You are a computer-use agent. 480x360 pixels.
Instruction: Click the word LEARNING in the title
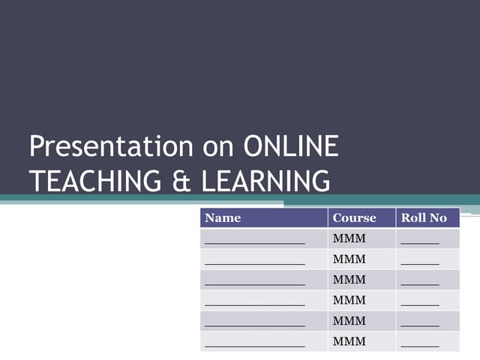point(266,181)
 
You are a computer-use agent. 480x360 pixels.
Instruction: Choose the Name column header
point(223,218)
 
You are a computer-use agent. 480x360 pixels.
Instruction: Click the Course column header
point(354,218)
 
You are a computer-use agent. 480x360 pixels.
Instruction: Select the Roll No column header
point(424,218)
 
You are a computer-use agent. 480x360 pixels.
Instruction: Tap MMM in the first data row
point(349,239)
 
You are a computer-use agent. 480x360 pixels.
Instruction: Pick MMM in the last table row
point(349,341)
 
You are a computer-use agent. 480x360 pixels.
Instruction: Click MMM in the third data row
point(349,280)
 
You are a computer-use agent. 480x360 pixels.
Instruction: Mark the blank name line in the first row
point(255,243)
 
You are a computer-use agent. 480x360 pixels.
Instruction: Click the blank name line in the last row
point(255,345)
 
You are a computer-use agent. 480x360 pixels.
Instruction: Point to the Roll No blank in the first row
point(420,243)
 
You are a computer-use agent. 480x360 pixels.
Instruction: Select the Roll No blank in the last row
point(420,345)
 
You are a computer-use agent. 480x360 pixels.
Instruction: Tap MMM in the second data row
point(349,259)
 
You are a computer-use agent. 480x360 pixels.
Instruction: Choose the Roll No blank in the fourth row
point(420,304)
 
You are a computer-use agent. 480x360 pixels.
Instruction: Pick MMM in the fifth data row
point(349,321)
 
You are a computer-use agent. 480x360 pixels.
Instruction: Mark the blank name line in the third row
point(255,283)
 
